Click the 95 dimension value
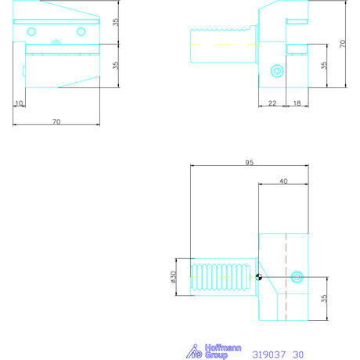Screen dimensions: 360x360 pyautogui.click(x=248, y=164)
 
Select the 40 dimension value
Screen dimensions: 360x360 pyautogui.click(x=283, y=181)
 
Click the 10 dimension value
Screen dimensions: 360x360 pyautogui.click(x=19, y=103)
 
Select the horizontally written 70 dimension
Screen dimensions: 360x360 pyautogui.click(x=56, y=121)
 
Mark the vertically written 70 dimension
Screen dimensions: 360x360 pyautogui.click(x=341, y=45)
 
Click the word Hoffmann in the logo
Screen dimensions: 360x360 pyautogui.click(x=225, y=347)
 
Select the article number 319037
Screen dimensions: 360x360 pyautogui.click(x=268, y=355)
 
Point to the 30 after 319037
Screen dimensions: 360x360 pyautogui.click(x=298, y=355)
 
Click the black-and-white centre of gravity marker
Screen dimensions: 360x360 pyautogui.click(x=259, y=277)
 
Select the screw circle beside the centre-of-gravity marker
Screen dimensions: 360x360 pyautogui.click(x=296, y=277)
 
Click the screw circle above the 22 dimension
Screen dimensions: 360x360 pyautogui.click(x=275, y=72)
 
